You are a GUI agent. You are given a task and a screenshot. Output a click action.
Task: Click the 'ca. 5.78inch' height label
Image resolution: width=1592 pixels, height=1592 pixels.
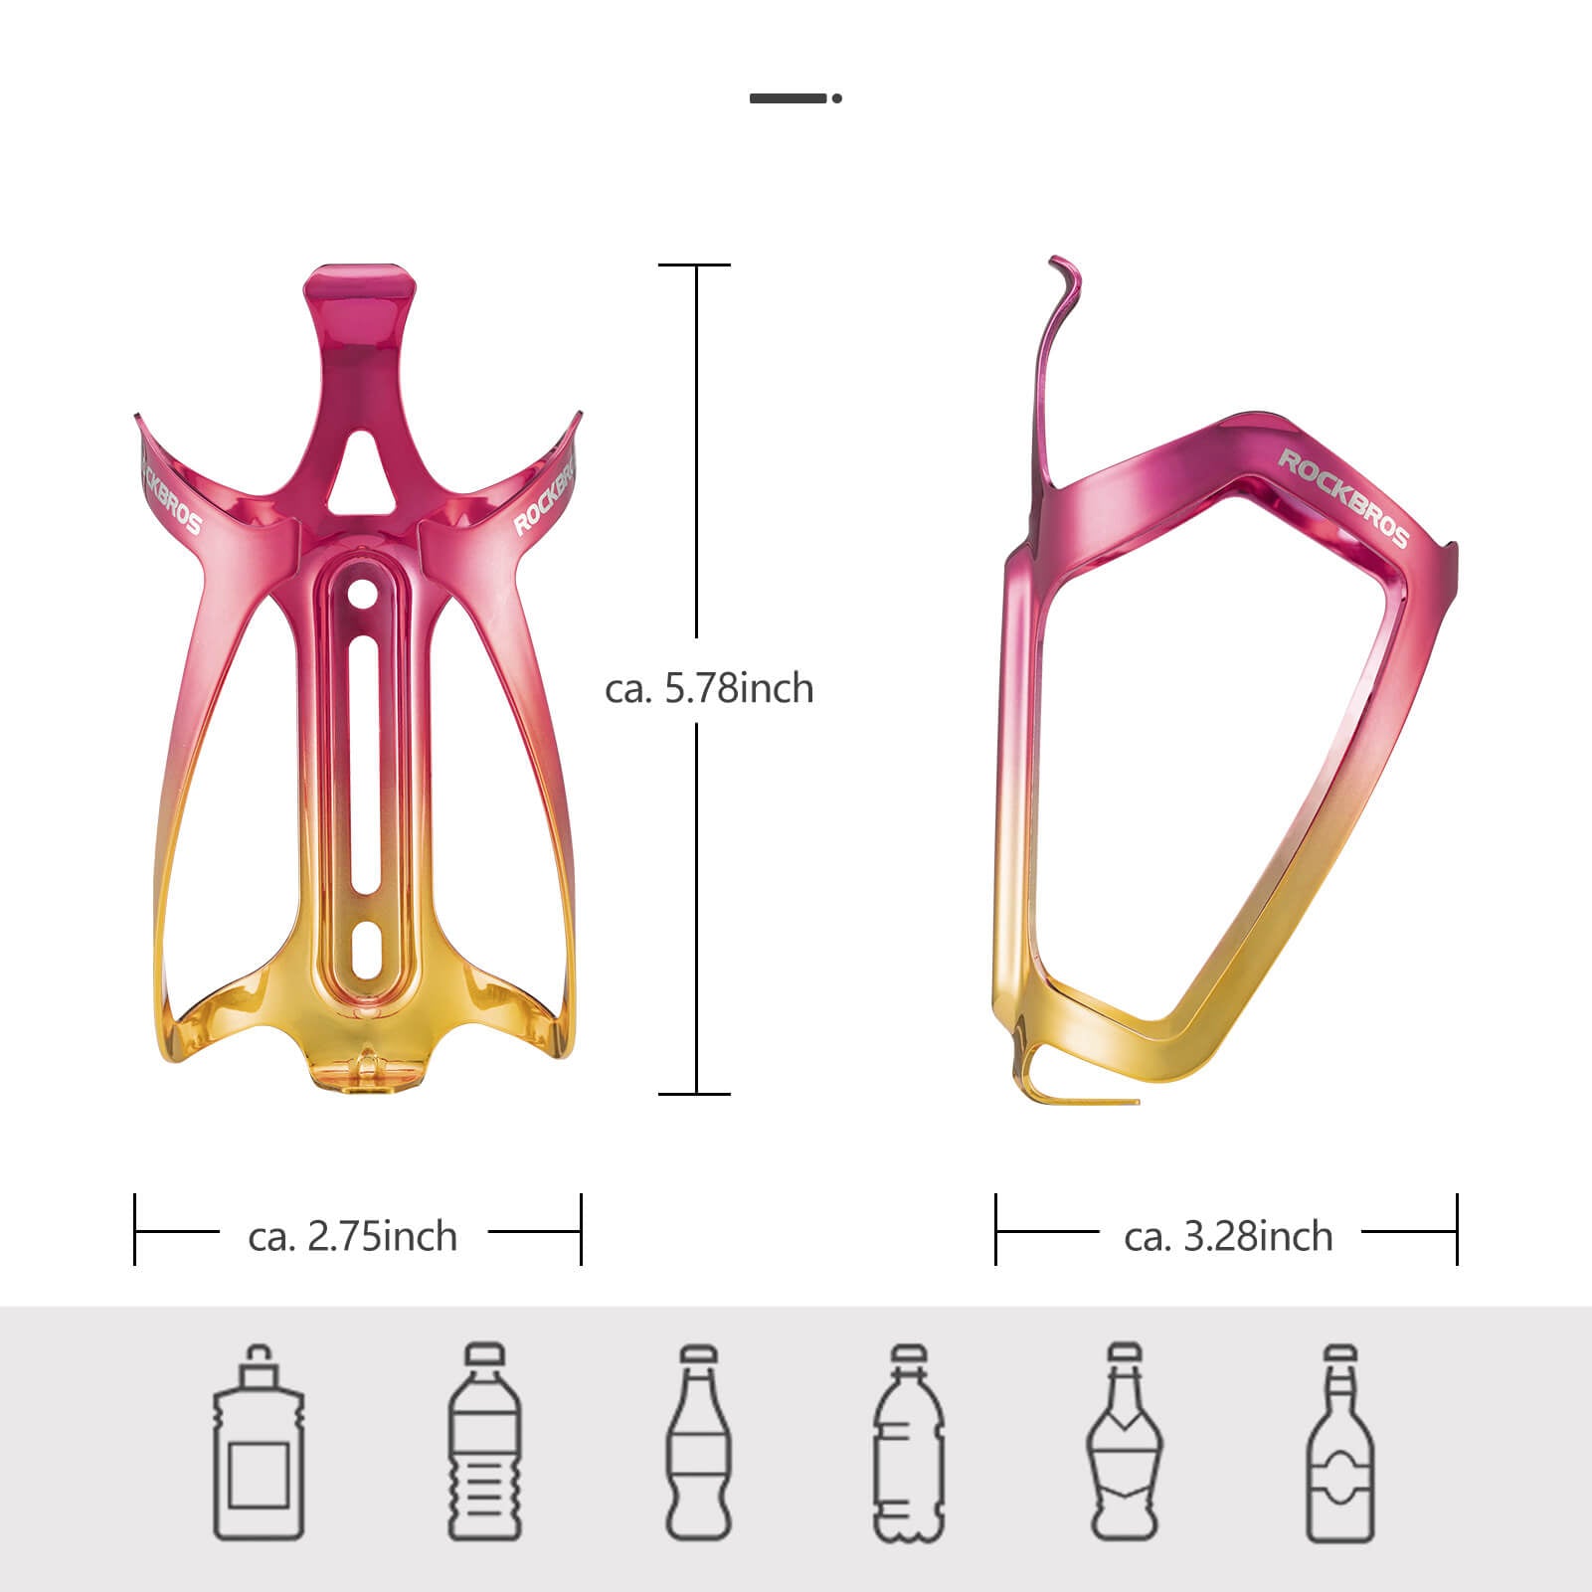tap(709, 688)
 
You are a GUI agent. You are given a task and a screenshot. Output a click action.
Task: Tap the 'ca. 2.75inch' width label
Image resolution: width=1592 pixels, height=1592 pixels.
tap(353, 1236)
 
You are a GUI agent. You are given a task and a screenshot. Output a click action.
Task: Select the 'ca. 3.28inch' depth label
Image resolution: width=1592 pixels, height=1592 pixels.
tap(1228, 1236)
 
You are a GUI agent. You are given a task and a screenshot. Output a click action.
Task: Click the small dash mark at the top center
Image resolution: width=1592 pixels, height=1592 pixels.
tap(795, 97)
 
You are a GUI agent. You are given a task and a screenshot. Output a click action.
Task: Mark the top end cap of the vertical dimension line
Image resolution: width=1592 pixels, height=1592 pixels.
tap(695, 265)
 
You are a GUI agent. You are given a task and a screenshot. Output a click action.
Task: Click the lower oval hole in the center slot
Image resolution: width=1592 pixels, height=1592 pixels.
tap(365, 951)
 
